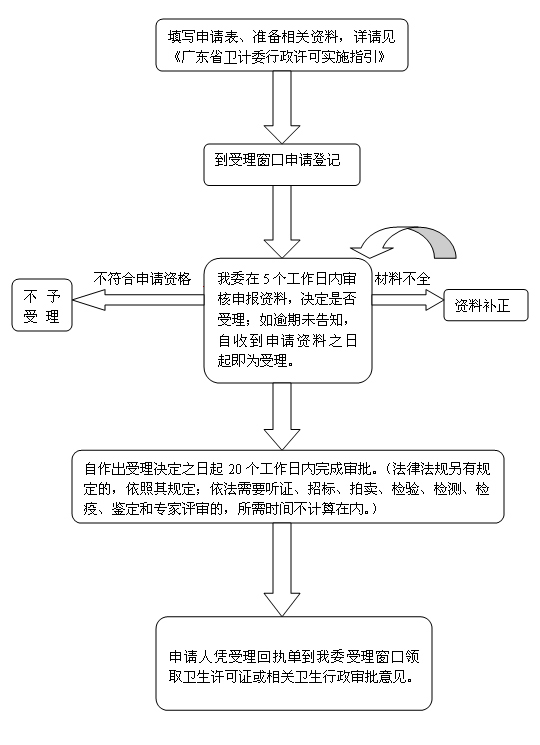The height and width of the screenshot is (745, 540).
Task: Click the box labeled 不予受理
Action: pyautogui.click(x=42, y=305)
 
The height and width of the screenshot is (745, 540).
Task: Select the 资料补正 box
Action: pyautogui.click(x=486, y=305)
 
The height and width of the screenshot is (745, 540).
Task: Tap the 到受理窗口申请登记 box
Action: pyautogui.click(x=282, y=164)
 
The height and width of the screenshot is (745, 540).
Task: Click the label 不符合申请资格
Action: pyautogui.click(x=142, y=278)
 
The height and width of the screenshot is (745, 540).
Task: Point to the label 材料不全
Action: pyautogui.click(x=403, y=278)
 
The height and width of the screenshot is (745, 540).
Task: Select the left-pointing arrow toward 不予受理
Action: pyautogui.click(x=138, y=299)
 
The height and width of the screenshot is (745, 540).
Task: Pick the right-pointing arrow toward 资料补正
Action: pyautogui.click(x=407, y=299)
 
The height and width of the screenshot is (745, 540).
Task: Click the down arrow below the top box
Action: pyautogui.click(x=282, y=107)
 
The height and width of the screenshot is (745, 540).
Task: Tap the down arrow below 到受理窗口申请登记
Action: pyautogui.click(x=282, y=221)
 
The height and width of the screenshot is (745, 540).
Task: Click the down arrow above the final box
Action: pyautogui.click(x=282, y=569)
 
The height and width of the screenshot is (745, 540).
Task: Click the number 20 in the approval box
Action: pyautogui.click(x=235, y=469)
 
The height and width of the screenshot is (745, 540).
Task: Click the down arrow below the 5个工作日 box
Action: pyautogui.click(x=282, y=416)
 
